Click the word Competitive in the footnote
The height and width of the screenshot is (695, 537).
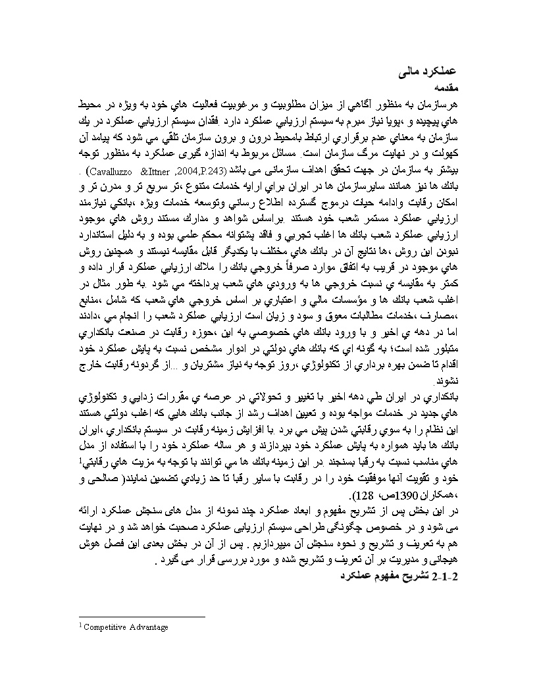107,627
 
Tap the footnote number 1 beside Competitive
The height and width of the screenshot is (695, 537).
80,626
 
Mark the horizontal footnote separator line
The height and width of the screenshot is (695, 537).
141,617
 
